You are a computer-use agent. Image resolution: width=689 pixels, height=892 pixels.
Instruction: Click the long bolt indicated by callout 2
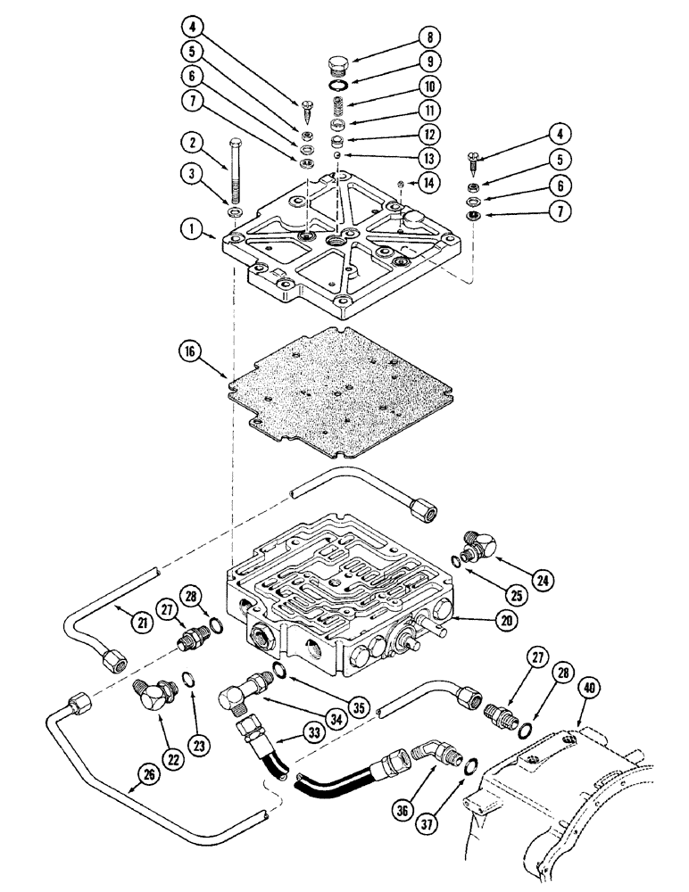click(237, 174)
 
